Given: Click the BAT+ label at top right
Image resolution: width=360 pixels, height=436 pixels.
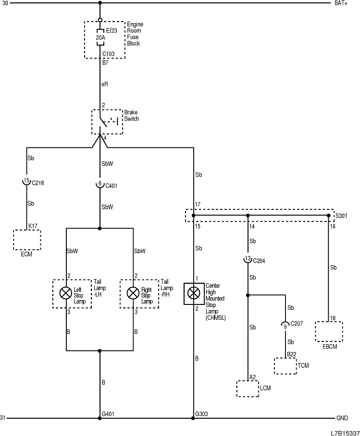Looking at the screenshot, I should click(341, 3).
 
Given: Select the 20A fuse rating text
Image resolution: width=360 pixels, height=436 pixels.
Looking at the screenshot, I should click(100, 36).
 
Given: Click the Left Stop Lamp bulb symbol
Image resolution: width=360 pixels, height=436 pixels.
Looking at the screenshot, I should click(65, 293).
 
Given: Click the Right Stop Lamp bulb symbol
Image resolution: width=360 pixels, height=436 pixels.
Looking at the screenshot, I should click(133, 293).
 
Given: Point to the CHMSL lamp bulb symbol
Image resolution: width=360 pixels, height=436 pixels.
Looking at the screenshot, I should click(194, 293).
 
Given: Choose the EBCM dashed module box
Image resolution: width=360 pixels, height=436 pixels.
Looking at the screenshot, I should click(329, 331).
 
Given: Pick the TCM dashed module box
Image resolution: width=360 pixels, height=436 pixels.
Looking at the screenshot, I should click(285, 366).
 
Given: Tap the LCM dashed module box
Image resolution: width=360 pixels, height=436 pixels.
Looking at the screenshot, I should click(248, 388).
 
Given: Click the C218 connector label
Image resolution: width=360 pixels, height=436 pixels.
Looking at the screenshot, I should click(38, 183).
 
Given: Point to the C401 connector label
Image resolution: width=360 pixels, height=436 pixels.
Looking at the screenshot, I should click(111, 185).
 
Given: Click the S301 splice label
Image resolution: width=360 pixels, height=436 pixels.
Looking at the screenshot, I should click(341, 216).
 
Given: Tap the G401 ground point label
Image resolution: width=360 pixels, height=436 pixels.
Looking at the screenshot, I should click(109, 413).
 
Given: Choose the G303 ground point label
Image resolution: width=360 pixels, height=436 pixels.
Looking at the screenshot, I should click(202, 413).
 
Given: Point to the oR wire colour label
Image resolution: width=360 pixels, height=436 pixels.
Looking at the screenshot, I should click(104, 84).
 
